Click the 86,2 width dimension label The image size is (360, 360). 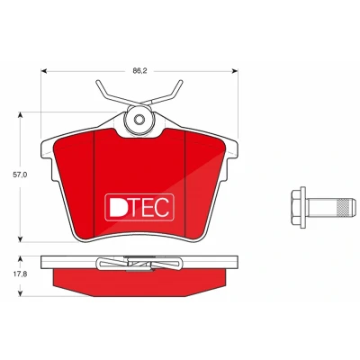[x=139, y=71]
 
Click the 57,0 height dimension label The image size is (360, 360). [x=20, y=175]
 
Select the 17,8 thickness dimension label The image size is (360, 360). [x=20, y=274]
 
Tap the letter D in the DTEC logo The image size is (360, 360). [x=117, y=207]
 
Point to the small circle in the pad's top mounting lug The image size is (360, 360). [x=139, y=120]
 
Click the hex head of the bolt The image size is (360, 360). [x=298, y=207]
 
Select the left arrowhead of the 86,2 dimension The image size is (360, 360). [x=44, y=71]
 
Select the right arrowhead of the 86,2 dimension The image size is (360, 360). [x=235, y=71]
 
